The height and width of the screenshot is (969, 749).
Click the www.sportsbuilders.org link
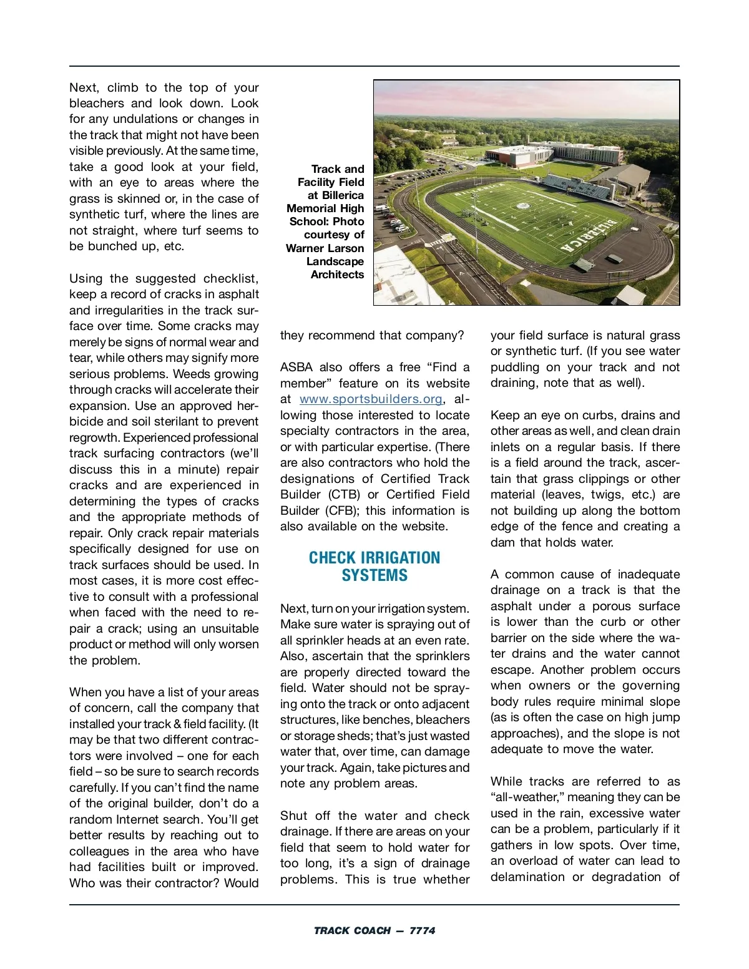[371, 399]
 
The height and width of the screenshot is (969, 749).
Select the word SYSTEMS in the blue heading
[374, 575]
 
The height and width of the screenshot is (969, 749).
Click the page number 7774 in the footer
[423, 930]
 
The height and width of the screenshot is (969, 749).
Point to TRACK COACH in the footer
[352, 930]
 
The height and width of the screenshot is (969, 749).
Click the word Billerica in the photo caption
[343, 195]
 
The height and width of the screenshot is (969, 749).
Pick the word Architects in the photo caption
[337, 275]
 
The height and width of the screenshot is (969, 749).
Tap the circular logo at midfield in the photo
[523, 206]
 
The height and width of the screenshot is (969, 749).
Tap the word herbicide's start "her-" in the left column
[247, 406]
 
